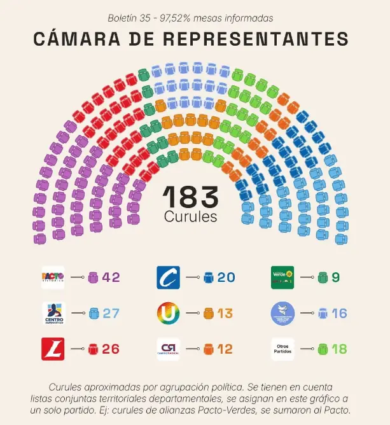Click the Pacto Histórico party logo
point(53,277)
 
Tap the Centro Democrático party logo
point(53,314)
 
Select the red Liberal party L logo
point(53,349)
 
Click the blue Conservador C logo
point(168,277)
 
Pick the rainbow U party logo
point(168,314)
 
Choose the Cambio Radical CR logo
point(168,349)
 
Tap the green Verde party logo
point(282,277)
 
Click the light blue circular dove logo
point(282,314)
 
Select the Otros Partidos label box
point(282,349)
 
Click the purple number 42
point(111,277)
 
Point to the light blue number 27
point(111,314)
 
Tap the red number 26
point(111,349)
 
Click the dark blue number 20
point(226,277)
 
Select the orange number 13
point(225,314)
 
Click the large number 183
point(191,196)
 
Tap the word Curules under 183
point(191,217)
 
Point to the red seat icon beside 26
point(93,349)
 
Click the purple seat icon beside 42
point(93,277)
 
